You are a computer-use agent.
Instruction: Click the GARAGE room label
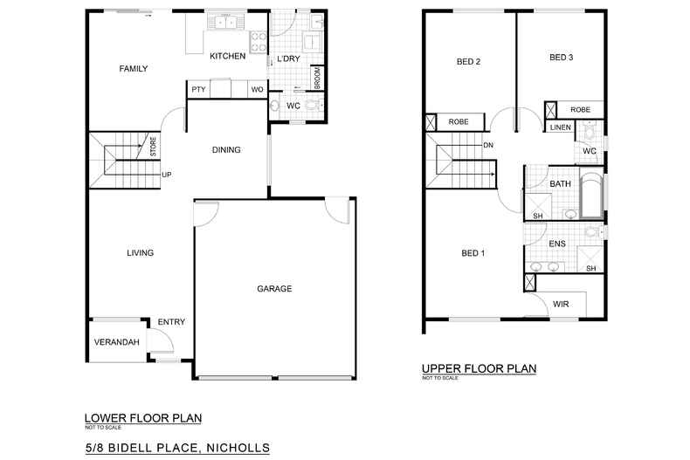pos(274,289)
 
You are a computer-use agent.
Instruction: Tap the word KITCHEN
pos(227,56)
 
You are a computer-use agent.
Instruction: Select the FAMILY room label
pos(134,69)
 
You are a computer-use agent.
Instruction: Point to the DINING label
pos(226,150)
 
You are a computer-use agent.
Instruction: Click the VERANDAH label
pos(117,341)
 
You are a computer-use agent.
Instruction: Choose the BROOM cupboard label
pos(318,79)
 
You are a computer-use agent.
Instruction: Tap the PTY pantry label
pos(198,89)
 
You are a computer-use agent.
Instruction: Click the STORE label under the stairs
pos(153,147)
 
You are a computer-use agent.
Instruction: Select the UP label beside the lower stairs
pos(166,175)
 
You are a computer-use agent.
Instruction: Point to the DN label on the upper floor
pos(488,145)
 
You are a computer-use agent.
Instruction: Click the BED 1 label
pos(473,253)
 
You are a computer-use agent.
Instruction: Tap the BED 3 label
pos(561,57)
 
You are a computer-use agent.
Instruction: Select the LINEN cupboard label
pos(560,127)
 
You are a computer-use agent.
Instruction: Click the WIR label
pos(561,304)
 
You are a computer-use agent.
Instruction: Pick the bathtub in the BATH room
pos(591,196)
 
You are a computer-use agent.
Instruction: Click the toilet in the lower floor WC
pos(314,105)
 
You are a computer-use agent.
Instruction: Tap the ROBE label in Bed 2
pos(459,122)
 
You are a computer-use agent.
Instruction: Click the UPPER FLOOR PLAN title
pos(480,368)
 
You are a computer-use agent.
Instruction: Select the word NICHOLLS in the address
pos(238,448)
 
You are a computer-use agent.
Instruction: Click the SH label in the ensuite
pos(591,268)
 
